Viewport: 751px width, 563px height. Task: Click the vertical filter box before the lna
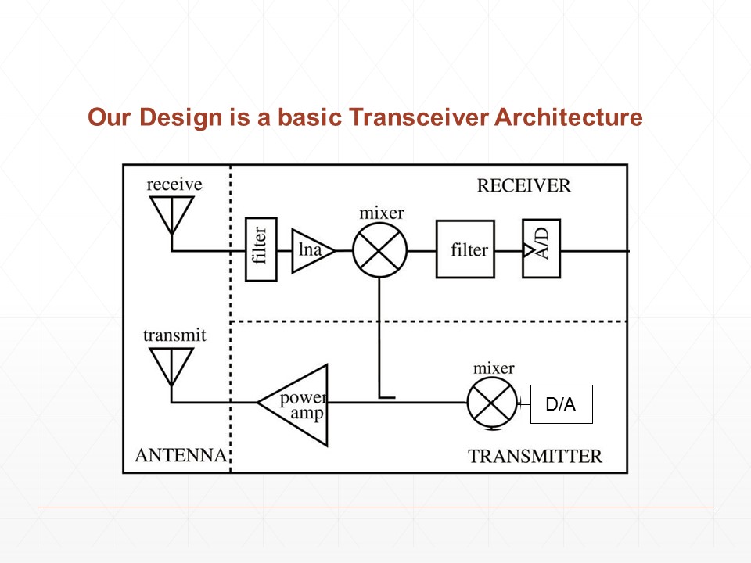click(x=261, y=249)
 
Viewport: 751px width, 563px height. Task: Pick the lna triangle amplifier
click(x=311, y=250)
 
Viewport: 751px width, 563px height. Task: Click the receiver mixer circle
click(x=380, y=251)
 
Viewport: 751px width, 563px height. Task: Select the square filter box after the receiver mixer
click(x=465, y=250)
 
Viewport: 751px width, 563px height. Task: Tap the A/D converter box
click(x=541, y=248)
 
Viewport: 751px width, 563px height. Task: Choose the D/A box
click(x=561, y=404)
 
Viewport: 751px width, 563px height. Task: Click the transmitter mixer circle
click(x=494, y=403)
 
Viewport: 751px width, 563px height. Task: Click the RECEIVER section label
click(x=523, y=186)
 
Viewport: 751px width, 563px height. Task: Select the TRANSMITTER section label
click(x=535, y=456)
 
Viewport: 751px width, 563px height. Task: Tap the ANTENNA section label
click(x=181, y=455)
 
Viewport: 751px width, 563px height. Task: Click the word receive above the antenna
click(x=174, y=185)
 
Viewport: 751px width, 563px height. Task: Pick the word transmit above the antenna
click(x=174, y=335)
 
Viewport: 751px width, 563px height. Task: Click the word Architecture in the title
click(x=568, y=117)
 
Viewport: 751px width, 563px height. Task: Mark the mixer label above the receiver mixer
click(x=381, y=213)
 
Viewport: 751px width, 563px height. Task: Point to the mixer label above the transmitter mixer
click(x=494, y=368)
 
